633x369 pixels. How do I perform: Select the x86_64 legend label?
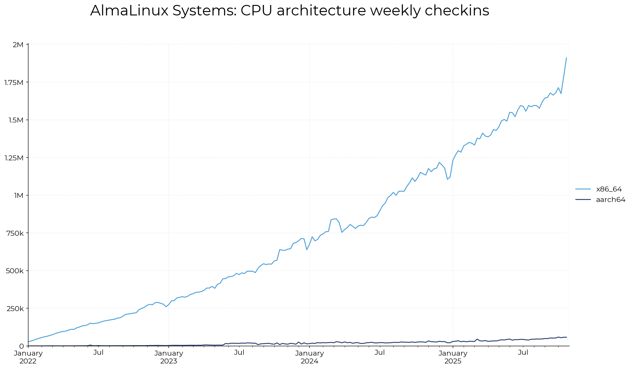click(609, 189)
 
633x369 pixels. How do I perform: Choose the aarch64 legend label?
click(611, 200)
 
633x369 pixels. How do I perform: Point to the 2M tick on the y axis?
click(18, 45)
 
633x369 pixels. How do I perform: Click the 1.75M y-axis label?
click(14, 82)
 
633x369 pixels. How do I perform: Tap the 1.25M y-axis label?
click(14, 158)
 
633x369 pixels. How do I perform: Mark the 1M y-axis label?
click(18, 195)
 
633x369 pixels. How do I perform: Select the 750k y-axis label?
click(15, 233)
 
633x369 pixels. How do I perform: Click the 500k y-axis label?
click(15, 271)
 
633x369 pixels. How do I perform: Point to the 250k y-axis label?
click(15, 308)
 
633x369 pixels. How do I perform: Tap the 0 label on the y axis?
click(22, 346)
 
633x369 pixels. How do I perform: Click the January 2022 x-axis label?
click(28, 357)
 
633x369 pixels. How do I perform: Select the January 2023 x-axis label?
click(169, 357)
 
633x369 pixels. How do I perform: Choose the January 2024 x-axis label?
click(310, 357)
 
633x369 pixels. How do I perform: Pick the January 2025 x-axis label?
click(453, 357)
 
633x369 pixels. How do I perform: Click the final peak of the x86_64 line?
click(566, 58)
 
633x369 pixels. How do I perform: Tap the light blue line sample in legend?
click(583, 189)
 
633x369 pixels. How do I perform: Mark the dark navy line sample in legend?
click(583, 200)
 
